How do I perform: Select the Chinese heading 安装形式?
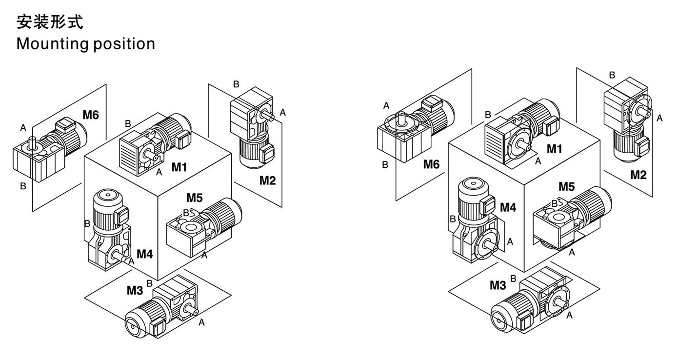point(50,22)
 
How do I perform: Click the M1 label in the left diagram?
point(179,167)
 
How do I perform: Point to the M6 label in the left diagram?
point(91,115)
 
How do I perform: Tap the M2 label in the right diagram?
point(638,174)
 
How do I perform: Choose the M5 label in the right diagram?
point(566,186)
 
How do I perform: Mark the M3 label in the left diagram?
point(135,290)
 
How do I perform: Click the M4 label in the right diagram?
point(508,207)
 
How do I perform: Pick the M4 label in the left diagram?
point(144,254)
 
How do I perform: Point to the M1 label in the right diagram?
point(554,149)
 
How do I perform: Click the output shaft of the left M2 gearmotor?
point(267,115)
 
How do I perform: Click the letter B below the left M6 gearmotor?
point(22,186)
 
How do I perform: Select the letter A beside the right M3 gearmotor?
point(569,316)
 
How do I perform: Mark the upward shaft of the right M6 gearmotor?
point(401,117)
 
